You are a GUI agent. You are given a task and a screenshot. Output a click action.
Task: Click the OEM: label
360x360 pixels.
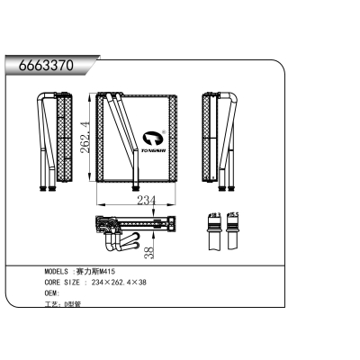click(53, 293)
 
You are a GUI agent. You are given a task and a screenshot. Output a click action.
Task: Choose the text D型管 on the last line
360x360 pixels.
click(73, 305)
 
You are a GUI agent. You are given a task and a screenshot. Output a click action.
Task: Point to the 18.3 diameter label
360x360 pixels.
click(214, 216)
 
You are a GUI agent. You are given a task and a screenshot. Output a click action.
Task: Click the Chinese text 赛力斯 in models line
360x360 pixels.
click(88, 271)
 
